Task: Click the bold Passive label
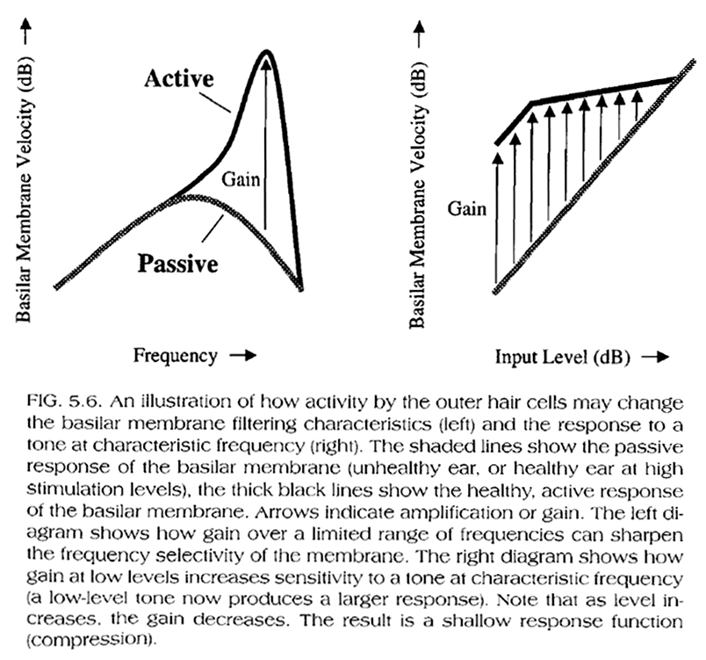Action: point(176,264)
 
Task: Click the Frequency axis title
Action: point(175,356)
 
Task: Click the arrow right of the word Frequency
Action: point(243,356)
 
